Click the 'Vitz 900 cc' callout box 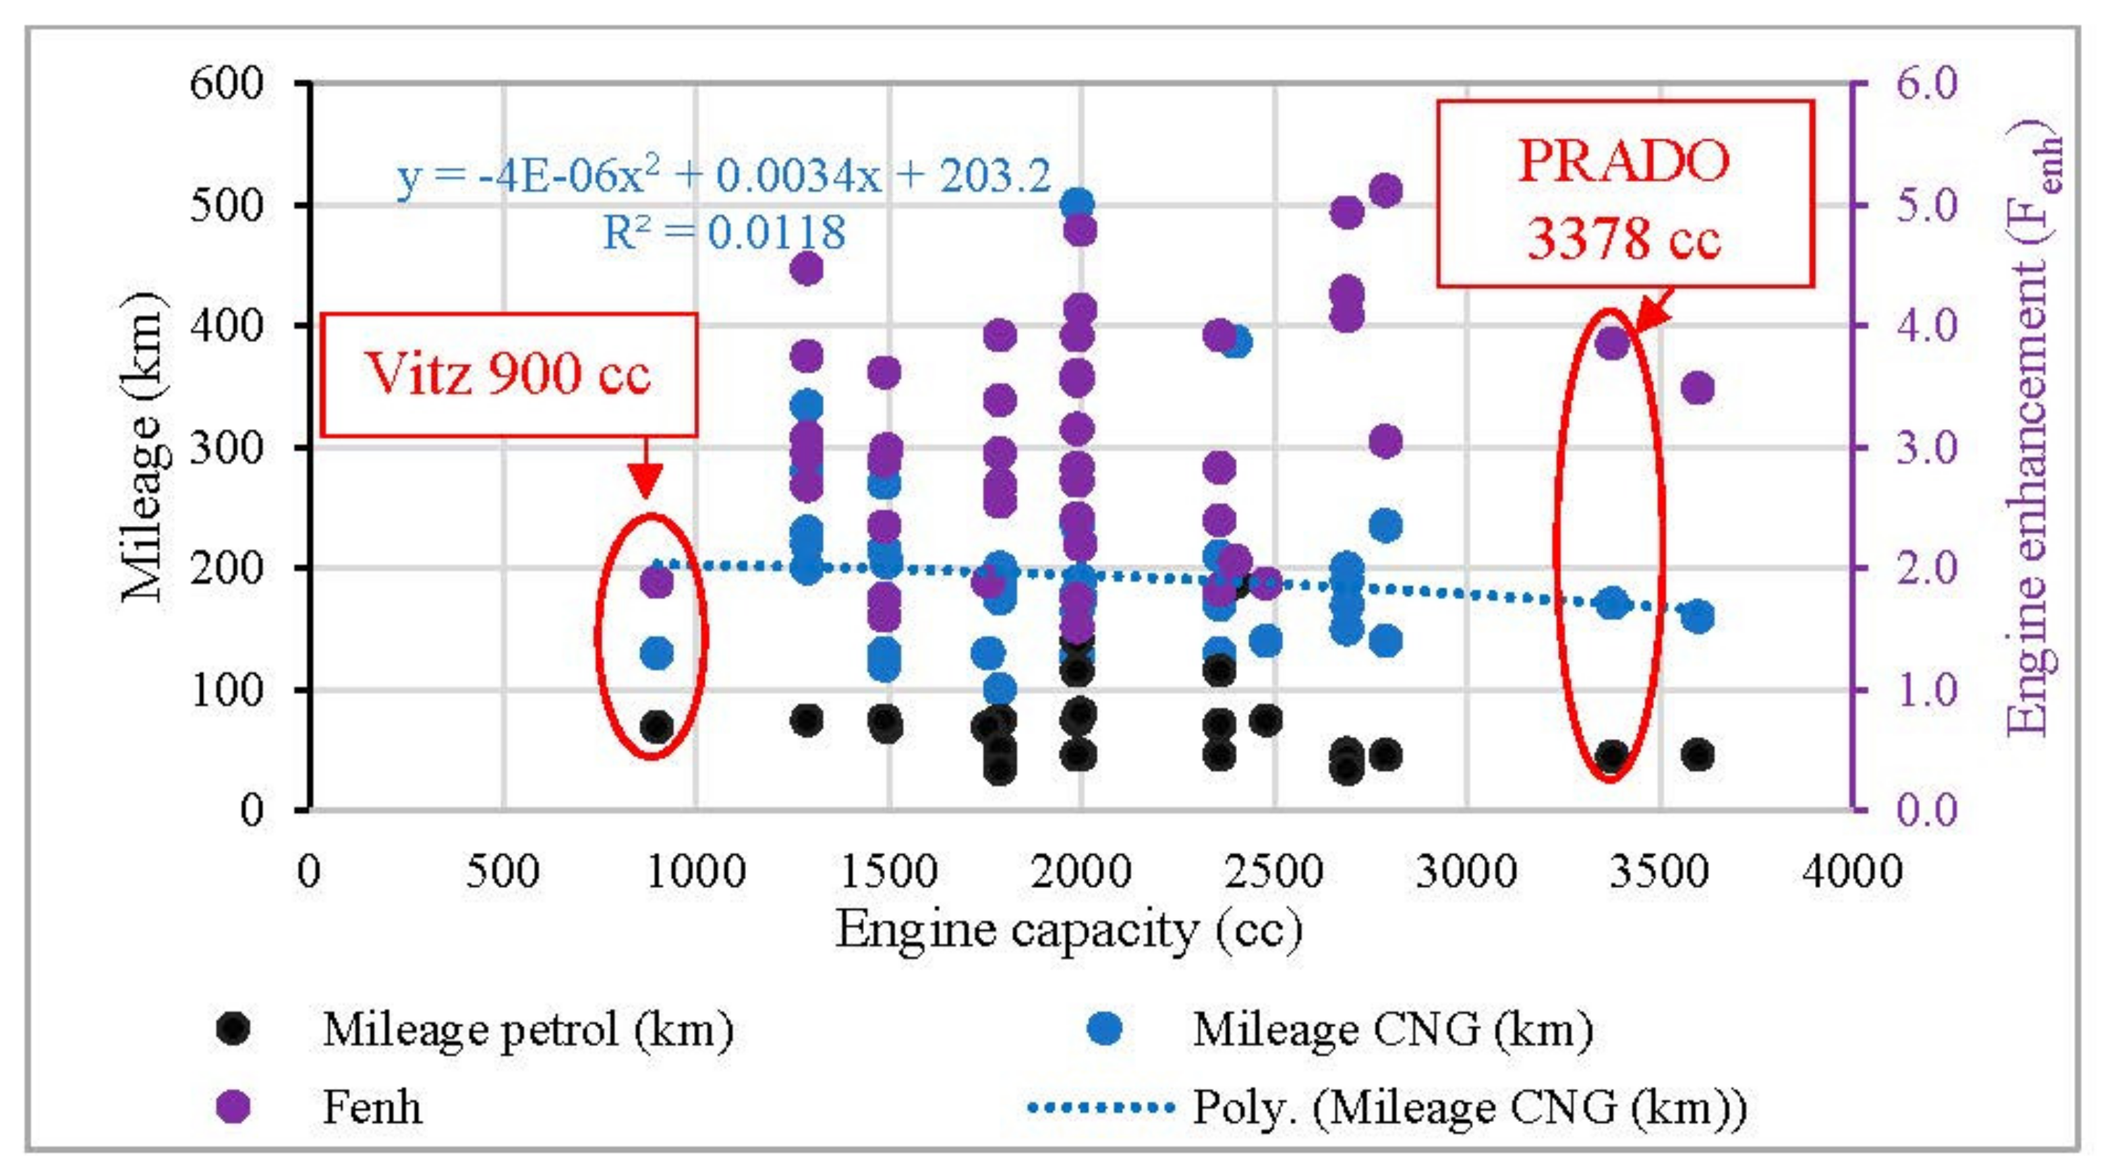(509, 375)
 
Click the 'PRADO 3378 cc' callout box (1624, 194)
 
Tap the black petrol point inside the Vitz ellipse (656, 726)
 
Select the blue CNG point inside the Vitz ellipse (656, 653)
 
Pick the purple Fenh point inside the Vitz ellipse (656, 582)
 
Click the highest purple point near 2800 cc (1385, 191)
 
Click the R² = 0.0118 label (724, 233)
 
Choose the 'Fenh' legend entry (372, 1107)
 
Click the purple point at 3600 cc (1697, 388)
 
